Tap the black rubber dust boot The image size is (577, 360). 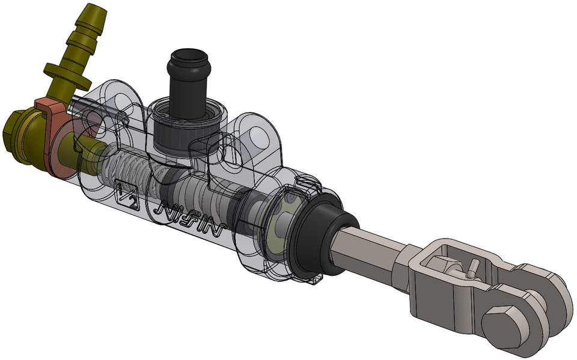(x=319, y=235)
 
